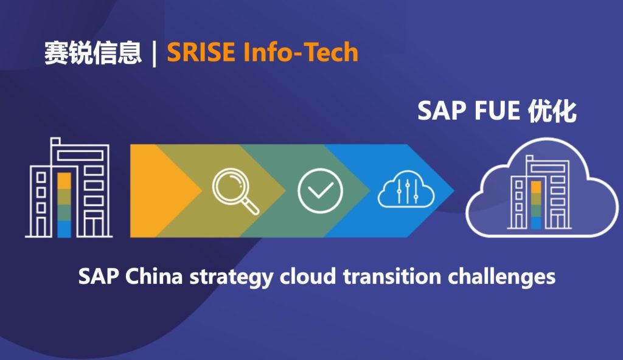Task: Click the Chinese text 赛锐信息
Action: (92, 53)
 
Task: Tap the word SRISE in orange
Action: (201, 52)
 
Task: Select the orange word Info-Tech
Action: (301, 52)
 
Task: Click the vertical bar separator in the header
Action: (154, 54)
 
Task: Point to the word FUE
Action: (497, 111)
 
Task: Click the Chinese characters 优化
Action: (552, 111)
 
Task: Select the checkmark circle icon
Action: (320, 191)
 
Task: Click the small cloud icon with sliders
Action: (406, 189)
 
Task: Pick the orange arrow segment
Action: (159, 191)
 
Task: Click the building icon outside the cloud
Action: (69, 187)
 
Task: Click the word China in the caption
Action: (154, 276)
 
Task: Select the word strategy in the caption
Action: (231, 277)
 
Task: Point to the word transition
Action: (392, 276)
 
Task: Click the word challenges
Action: (502, 277)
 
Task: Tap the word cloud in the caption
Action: (308, 276)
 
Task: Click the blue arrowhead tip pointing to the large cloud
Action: (454, 191)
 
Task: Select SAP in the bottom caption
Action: (98, 276)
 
